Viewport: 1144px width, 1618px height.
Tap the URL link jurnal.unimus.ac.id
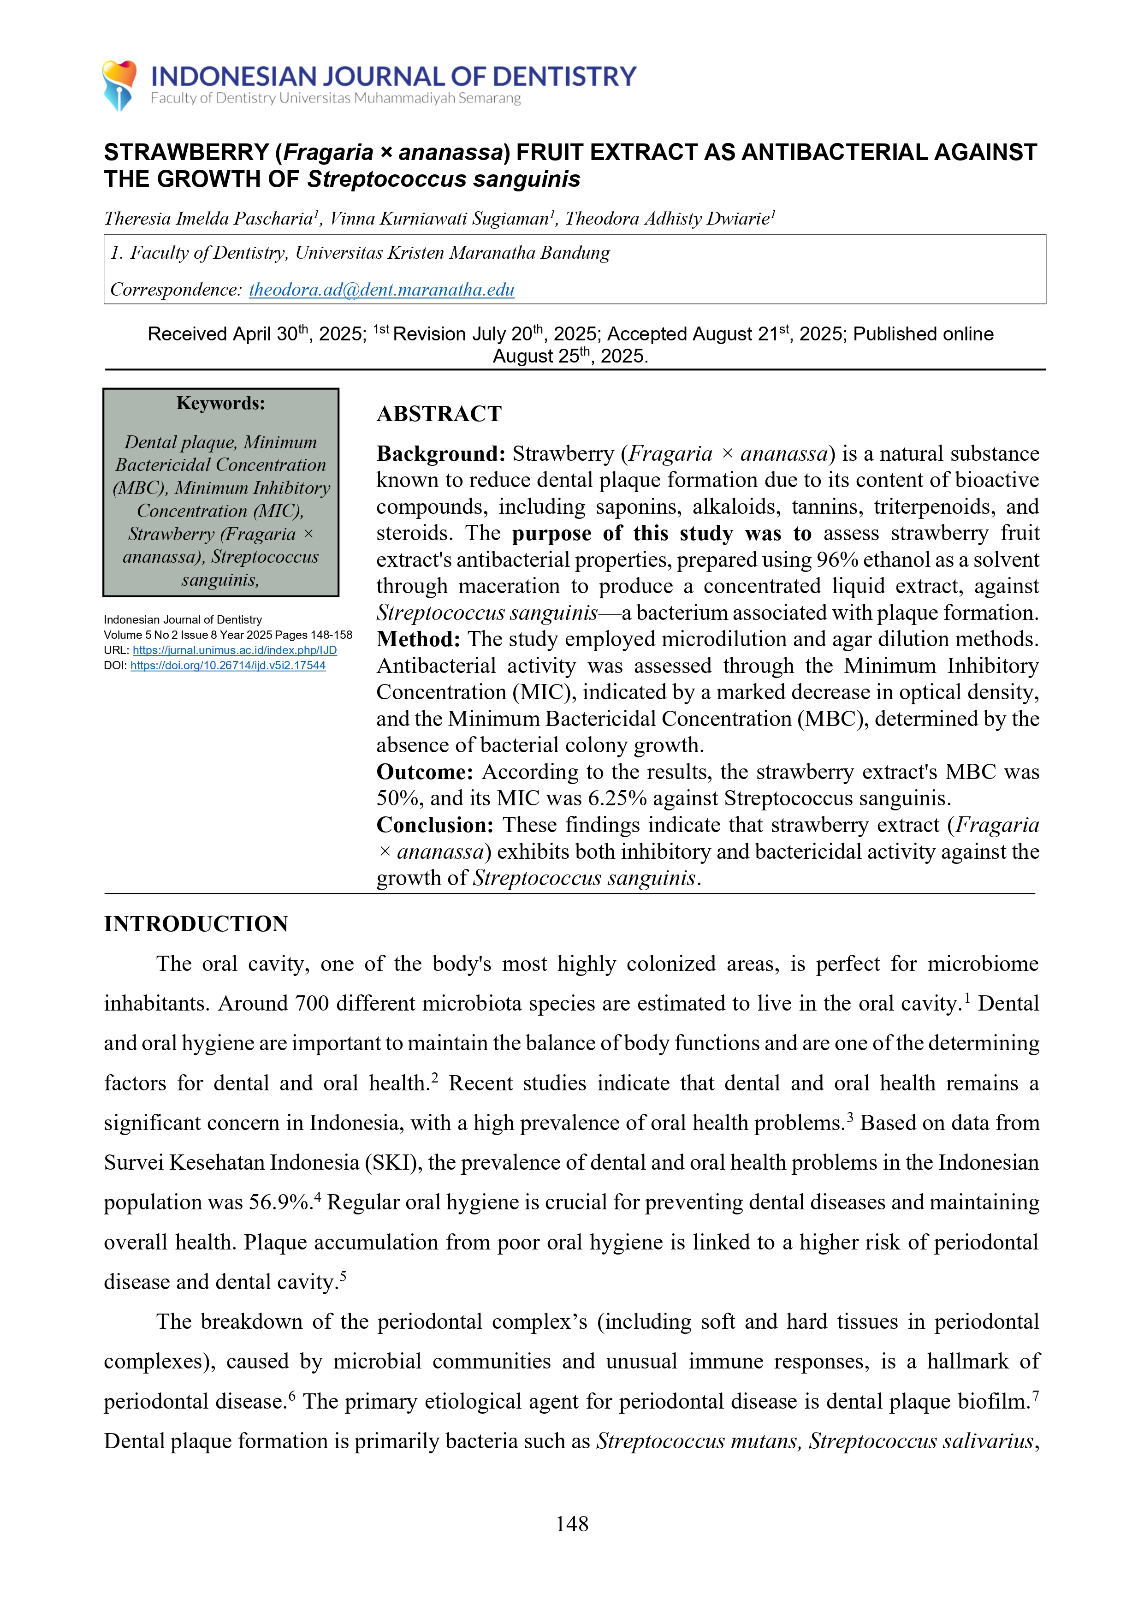235,650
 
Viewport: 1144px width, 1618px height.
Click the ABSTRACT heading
439,414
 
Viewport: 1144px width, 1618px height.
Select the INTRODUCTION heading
196,924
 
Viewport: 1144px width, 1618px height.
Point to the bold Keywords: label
220,403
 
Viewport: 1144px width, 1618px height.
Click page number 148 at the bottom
571,1523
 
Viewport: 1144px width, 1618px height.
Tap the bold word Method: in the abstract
418,639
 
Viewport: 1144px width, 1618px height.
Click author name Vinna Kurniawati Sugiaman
439,219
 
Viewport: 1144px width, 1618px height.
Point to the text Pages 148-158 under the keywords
314,635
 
